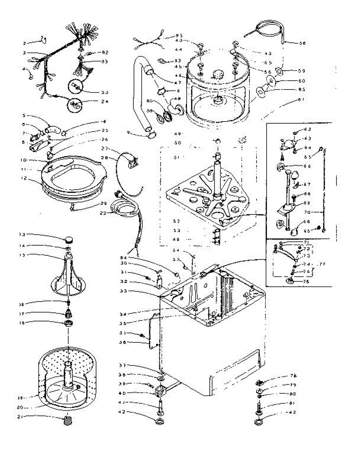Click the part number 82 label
[105, 52]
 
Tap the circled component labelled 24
[74, 103]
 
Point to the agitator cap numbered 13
[68, 239]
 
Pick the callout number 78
[294, 376]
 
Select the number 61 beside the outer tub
[301, 100]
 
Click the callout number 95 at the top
[179, 36]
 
